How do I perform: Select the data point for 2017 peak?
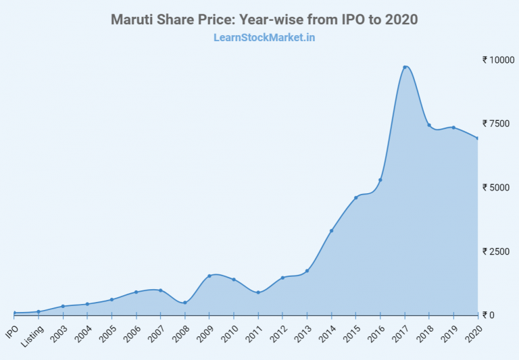405,67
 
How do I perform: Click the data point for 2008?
185,303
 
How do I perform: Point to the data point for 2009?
209,276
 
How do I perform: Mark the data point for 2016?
380,180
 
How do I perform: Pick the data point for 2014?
331,231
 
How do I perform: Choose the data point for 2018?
429,125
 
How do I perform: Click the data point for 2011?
258,292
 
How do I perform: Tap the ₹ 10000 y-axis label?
498,59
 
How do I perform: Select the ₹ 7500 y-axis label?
498,123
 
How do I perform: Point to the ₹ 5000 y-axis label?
498,187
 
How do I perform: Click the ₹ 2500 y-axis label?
498,251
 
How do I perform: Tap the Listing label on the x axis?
32,336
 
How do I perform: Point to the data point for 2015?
356,198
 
